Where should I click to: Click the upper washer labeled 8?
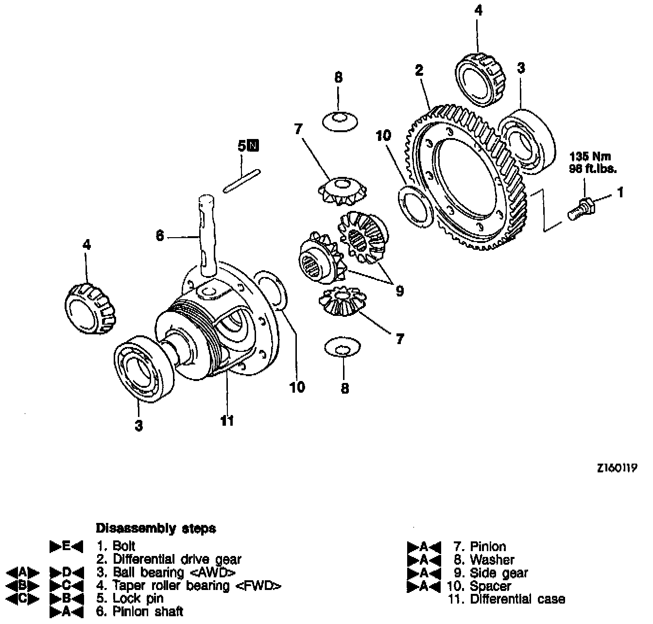pos(340,121)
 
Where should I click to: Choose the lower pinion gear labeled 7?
pos(342,301)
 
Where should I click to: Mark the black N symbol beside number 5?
pos(254,145)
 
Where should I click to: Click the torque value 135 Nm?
pos(590,157)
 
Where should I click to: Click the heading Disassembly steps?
pos(156,528)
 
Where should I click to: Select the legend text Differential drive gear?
pos(177,559)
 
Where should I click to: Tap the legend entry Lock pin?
pos(138,598)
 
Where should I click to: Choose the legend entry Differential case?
pos(517,599)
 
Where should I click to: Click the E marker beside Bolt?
pos(67,546)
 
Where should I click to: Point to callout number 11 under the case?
pos(227,420)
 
